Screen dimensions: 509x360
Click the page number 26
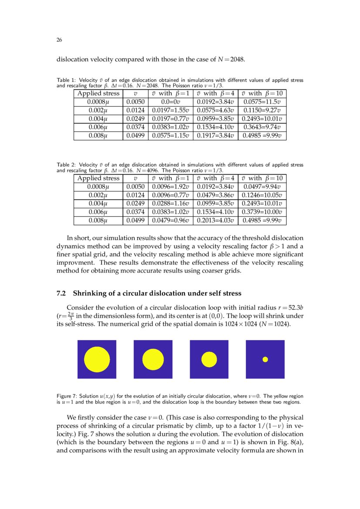click(59, 40)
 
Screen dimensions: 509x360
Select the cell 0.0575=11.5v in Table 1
click(262, 101)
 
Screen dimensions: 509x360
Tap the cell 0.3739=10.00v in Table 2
click(262, 212)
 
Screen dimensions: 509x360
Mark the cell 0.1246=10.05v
click(262, 195)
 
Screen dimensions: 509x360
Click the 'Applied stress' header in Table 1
click(98, 93)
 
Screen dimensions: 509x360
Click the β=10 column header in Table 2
click(262, 178)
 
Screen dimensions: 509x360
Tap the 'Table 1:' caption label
click(67, 80)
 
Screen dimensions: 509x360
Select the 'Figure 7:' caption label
click(68, 396)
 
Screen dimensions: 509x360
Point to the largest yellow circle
click(97, 359)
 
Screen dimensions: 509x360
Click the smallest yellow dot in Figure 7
click(265, 359)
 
